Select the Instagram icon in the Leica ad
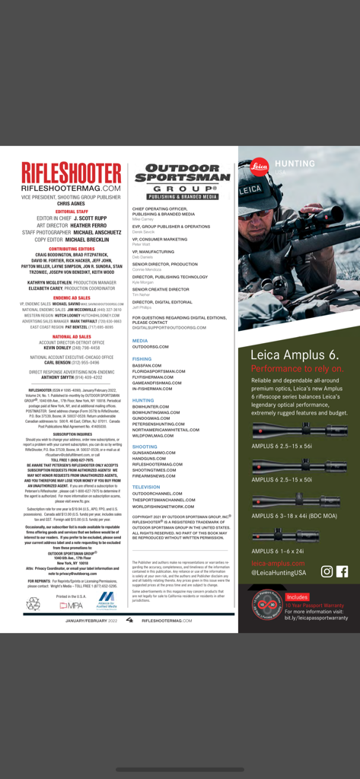pos(327,571)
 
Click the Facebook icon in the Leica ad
pos(342,571)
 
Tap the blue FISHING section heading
pos(142,358)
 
